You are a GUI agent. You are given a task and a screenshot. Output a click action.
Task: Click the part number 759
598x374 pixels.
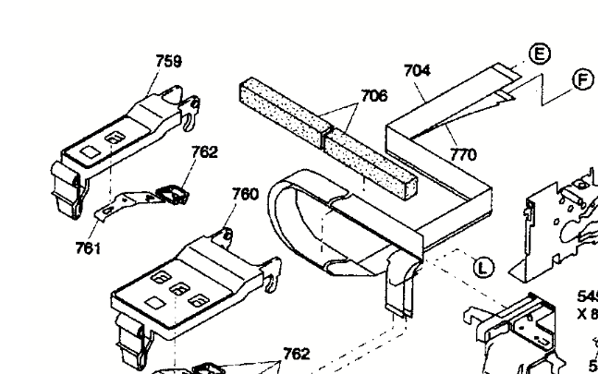click(x=168, y=62)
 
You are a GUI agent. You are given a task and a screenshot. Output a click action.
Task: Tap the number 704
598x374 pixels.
click(x=418, y=69)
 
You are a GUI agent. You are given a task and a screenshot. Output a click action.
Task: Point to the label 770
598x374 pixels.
click(x=463, y=155)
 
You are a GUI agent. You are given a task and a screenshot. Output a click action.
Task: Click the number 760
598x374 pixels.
click(x=245, y=194)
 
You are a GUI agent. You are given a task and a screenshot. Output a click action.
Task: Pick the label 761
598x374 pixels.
click(x=89, y=247)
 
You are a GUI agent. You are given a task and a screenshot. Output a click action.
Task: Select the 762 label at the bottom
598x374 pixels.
click(x=296, y=353)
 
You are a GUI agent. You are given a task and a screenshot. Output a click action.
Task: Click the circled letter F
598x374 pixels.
click(x=583, y=79)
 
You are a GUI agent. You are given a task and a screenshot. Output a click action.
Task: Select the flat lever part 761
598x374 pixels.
click(x=120, y=204)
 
